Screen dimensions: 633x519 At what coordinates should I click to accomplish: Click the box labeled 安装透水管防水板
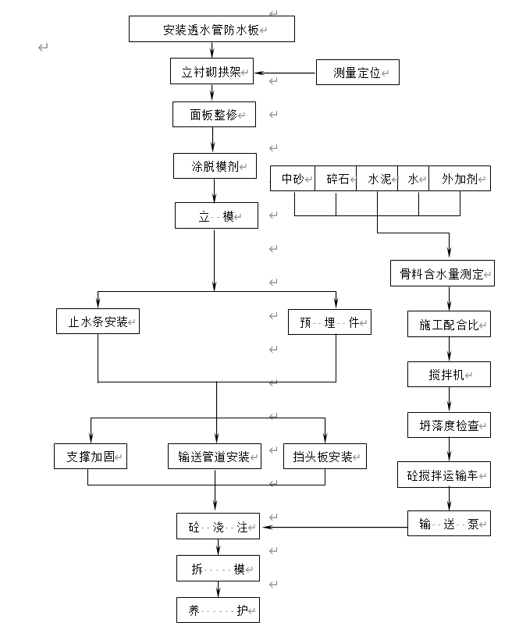212,30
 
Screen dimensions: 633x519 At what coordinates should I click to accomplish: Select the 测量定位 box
357,73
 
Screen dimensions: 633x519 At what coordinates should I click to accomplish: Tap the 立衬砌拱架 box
212,73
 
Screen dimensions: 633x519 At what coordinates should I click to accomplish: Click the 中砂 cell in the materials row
293,179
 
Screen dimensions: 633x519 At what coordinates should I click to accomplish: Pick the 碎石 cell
336,179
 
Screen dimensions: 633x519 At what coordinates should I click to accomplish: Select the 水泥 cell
378,179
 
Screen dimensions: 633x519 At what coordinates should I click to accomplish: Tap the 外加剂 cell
460,179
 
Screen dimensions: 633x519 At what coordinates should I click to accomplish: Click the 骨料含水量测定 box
443,274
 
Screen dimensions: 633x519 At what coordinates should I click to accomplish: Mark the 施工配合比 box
449,324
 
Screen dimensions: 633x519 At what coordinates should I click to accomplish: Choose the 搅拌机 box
449,375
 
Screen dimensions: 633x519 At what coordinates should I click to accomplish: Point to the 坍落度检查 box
449,425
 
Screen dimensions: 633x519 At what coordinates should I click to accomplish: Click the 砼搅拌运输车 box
444,475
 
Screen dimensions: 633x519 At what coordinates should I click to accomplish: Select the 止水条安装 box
98,321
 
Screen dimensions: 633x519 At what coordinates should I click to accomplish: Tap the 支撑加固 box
91,457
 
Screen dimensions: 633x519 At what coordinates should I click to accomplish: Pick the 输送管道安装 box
213,457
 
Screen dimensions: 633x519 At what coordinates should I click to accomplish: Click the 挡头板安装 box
325,457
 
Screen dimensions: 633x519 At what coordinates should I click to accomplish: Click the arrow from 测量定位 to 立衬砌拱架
285,73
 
